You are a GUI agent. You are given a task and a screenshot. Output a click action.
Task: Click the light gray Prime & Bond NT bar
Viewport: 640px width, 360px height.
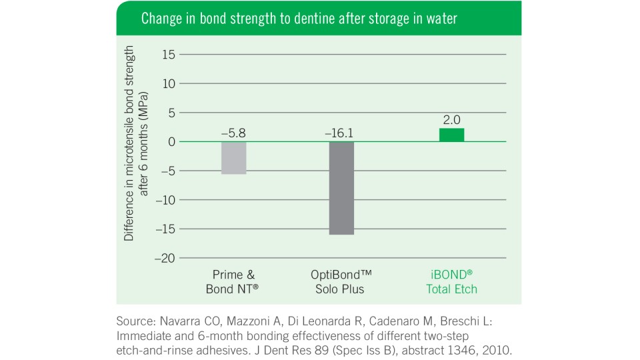(234, 158)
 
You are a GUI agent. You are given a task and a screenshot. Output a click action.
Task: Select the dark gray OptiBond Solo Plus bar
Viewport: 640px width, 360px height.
(341, 188)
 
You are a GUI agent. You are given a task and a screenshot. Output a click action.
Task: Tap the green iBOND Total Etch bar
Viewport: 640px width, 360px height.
(451, 135)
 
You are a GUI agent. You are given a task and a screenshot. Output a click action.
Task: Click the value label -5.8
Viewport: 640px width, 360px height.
(234, 133)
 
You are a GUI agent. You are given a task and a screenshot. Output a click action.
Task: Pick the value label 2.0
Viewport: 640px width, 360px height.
(451, 120)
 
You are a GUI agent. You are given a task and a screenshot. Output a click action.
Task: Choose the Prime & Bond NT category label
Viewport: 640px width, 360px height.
(234, 282)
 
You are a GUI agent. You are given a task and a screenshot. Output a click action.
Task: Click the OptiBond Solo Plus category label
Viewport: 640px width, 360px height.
(341, 282)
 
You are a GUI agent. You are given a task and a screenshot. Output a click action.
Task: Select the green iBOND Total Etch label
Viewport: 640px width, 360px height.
(452, 282)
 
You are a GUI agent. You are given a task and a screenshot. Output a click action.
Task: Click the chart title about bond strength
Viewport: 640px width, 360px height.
(299, 19)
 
